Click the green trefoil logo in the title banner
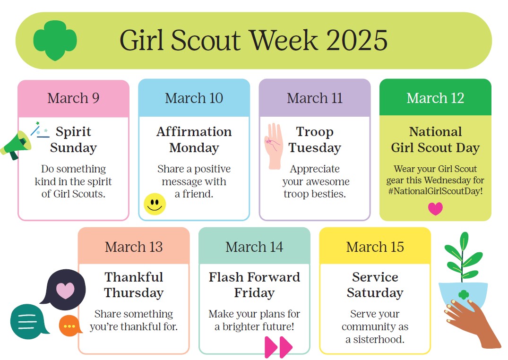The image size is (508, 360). click(x=55, y=40)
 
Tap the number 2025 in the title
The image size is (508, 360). click(x=356, y=40)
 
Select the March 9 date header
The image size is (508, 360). click(x=74, y=98)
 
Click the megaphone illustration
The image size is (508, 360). click(x=16, y=145)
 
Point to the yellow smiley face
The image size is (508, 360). click(x=155, y=204)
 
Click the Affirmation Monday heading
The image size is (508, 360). click(x=194, y=140)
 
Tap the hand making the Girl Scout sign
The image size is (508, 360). click(x=274, y=146)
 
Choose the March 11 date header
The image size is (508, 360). click(x=315, y=98)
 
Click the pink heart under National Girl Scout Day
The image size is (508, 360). click(x=435, y=209)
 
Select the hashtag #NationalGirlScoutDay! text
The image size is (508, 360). click(x=435, y=191)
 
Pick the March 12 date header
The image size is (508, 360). click(x=435, y=97)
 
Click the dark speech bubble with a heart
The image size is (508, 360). click(x=63, y=288)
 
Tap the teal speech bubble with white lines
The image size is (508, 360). click(x=28, y=321)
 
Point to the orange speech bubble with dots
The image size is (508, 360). click(x=69, y=326)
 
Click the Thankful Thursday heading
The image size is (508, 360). click(x=134, y=285)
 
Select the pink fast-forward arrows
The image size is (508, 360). click(x=278, y=347)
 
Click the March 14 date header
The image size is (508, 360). click(x=254, y=247)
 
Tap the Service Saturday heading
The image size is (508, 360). click(x=375, y=285)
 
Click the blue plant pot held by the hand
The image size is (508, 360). click(x=463, y=295)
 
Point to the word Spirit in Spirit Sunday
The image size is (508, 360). click(x=73, y=131)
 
